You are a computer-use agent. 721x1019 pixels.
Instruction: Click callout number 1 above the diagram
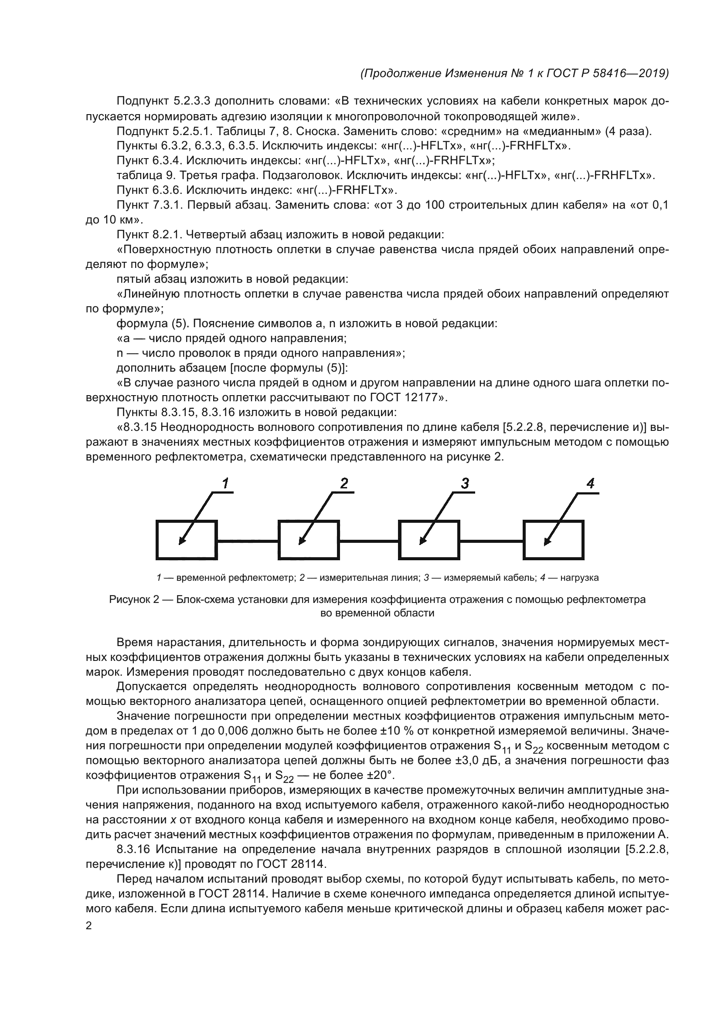click(225, 484)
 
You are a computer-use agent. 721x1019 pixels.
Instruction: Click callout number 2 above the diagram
click(344, 484)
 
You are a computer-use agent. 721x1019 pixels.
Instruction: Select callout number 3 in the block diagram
click(465, 484)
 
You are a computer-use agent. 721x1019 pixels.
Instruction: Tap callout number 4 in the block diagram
click(591, 484)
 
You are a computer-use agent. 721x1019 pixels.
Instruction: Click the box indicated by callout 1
click(187, 540)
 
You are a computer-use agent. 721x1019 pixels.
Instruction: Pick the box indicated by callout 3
click(429, 540)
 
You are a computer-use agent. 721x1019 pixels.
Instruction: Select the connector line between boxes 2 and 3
click(368, 541)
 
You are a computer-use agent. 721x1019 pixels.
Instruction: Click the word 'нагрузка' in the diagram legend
click(579, 578)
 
